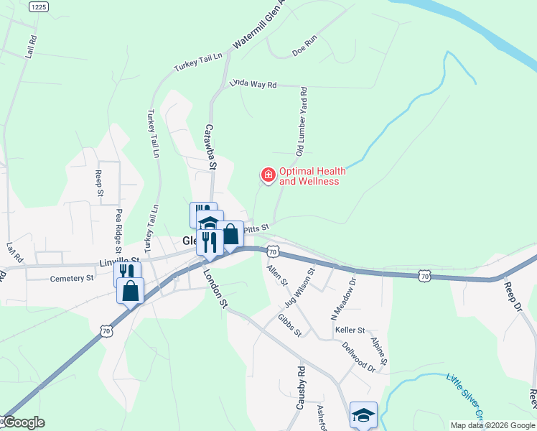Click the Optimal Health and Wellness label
pyautogui.click(x=312, y=176)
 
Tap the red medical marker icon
pyautogui.click(x=268, y=174)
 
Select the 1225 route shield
pyautogui.click(x=39, y=6)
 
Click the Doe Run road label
pyautogui.click(x=304, y=47)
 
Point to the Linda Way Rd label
pyautogui.click(x=253, y=84)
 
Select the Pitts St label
pyautogui.click(x=256, y=228)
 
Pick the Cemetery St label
pyautogui.click(x=72, y=278)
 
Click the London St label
pyautogui.click(x=215, y=286)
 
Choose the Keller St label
pyautogui.click(x=350, y=330)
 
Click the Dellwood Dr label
pyautogui.click(x=359, y=356)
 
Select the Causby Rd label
pyautogui.click(x=301, y=388)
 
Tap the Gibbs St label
pyautogui.click(x=290, y=325)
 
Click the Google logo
pyautogui.click(x=24, y=423)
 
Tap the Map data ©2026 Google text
pyautogui.click(x=492, y=425)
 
